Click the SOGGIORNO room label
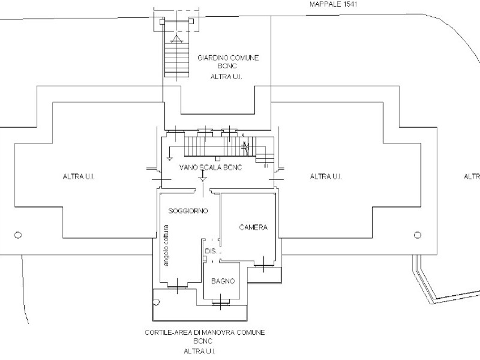tap(188, 211)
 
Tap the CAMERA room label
tap(253, 227)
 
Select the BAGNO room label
tap(223, 281)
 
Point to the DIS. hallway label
tap(212, 251)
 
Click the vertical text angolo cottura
tap(166, 245)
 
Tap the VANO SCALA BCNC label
tap(211, 167)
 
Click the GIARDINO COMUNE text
tap(228, 58)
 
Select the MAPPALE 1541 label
tap(334, 4)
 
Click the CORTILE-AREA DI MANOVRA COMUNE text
tap(205, 332)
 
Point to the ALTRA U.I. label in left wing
tap(79, 176)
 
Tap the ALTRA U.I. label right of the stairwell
tap(326, 176)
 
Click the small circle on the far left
tap(18, 235)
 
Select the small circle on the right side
tap(417, 235)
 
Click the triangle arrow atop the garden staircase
tap(176, 39)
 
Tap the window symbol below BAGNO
tap(220, 303)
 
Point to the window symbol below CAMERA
tap(263, 265)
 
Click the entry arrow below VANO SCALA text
tap(203, 178)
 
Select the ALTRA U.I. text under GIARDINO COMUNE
tap(226, 77)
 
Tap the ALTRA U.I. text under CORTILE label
tap(199, 352)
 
